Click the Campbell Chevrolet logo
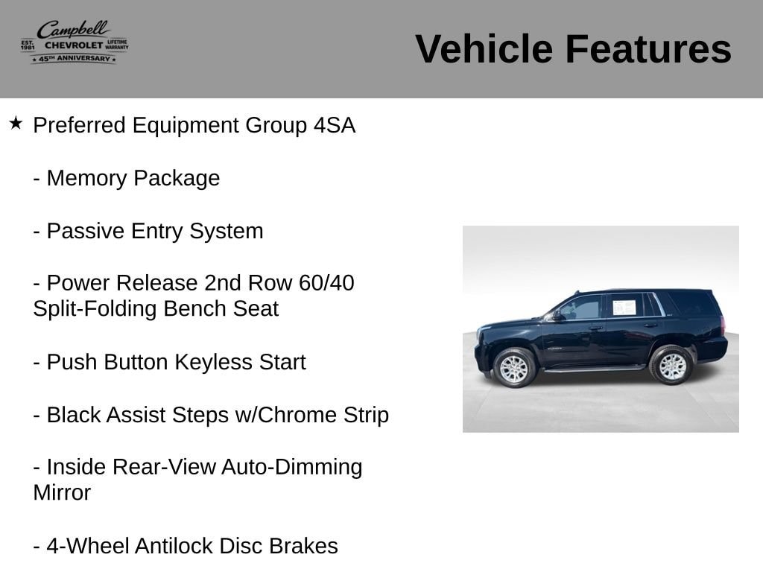tap(75, 42)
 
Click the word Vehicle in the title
tap(484, 49)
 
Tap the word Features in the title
tap(648, 49)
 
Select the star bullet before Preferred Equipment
tap(16, 123)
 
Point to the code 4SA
tap(335, 125)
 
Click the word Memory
tap(87, 178)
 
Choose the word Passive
tap(86, 231)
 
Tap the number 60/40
tap(326, 283)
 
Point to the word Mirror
tap(62, 493)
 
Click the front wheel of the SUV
tap(514, 368)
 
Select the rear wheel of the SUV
tap(672, 365)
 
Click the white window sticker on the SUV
tap(624, 308)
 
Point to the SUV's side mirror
tap(557, 316)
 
